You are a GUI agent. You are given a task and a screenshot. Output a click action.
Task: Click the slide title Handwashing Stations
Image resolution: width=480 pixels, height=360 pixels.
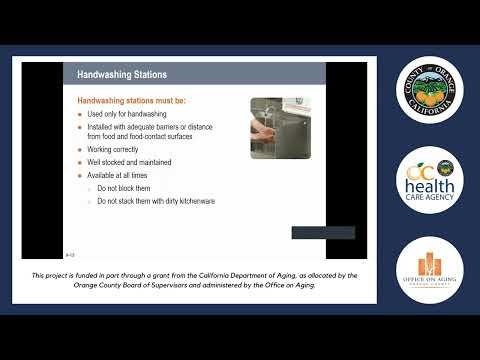pyautogui.click(x=123, y=74)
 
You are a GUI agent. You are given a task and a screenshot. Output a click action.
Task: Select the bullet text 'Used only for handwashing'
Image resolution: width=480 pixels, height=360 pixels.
pyautogui.click(x=128, y=114)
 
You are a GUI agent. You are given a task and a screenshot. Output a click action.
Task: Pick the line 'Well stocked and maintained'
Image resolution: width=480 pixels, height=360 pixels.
pyautogui.click(x=129, y=162)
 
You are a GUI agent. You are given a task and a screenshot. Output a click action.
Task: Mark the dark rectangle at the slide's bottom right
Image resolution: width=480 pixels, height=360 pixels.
pyautogui.click(x=322, y=233)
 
